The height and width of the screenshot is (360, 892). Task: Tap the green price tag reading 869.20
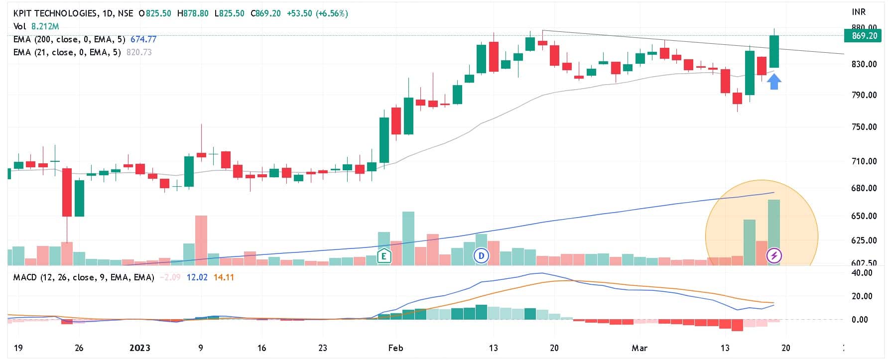point(864,36)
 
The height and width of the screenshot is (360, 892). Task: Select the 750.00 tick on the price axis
point(864,127)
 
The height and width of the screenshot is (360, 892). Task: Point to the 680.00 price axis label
point(864,188)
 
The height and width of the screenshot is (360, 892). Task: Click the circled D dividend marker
point(481,256)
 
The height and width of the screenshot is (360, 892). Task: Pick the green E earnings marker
point(384,256)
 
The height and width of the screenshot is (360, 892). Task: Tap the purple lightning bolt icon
point(774,256)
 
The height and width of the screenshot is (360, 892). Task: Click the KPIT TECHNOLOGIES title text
point(55,13)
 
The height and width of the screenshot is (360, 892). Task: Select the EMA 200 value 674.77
point(143,39)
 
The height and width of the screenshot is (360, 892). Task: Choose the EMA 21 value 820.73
point(139,52)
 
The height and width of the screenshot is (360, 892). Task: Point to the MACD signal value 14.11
point(224,277)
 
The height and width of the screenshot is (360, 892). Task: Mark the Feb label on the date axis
point(395,348)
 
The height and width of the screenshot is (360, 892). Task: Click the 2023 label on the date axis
point(139,348)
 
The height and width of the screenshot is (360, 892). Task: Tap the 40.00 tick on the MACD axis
point(862,273)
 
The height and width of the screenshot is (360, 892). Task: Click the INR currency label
point(859,12)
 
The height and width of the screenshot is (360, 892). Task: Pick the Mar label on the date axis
point(639,348)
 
